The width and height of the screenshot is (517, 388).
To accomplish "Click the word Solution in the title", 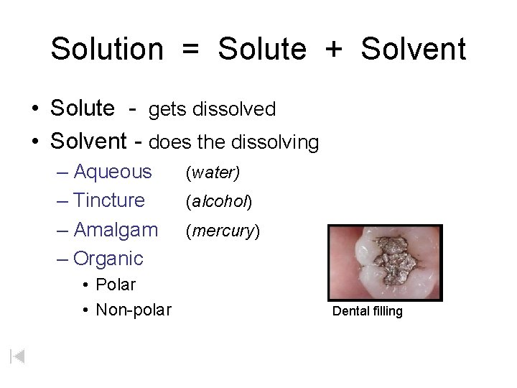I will click(107, 50).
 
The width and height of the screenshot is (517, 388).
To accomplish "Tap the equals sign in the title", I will click(190, 50).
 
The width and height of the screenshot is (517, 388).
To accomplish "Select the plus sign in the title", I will click(333, 50).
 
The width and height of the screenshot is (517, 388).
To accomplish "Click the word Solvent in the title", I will click(414, 50).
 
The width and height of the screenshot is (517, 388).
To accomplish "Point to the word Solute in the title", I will click(262, 50).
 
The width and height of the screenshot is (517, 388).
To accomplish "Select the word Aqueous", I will click(113, 172).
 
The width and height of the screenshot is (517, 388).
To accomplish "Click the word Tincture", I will click(109, 200).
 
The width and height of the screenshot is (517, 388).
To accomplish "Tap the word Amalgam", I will click(116, 230).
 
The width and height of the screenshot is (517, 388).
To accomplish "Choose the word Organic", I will click(108, 258).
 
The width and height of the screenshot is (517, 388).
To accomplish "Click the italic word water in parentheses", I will click(213, 173).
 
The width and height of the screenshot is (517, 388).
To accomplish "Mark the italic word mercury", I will click(223, 231).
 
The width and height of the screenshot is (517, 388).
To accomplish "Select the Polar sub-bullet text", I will click(116, 285).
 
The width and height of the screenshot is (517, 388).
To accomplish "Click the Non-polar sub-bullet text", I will click(134, 310).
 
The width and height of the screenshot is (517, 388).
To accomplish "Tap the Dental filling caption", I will click(367, 311).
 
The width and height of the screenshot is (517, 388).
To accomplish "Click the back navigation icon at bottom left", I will click(18, 356).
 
